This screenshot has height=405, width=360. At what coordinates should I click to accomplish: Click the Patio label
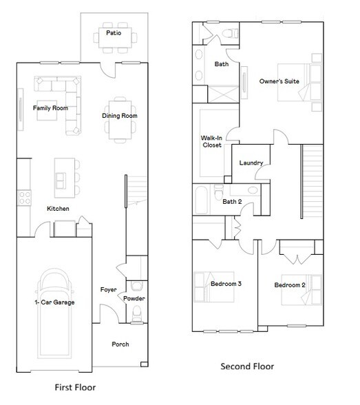[114, 32]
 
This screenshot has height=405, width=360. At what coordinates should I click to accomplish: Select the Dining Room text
[120, 116]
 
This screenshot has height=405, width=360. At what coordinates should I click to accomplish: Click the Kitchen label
[59, 208]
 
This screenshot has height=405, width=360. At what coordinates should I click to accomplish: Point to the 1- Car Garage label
[54, 302]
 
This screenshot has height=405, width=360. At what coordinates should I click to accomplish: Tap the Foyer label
[108, 290]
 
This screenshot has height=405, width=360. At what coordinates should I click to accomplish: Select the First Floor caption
[75, 387]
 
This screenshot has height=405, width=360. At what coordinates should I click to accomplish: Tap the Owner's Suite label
[279, 81]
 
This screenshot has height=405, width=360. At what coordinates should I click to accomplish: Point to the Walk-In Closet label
[210, 142]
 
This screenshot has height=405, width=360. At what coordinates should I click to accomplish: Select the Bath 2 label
[231, 202]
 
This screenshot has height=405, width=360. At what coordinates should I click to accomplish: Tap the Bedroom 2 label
[289, 285]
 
